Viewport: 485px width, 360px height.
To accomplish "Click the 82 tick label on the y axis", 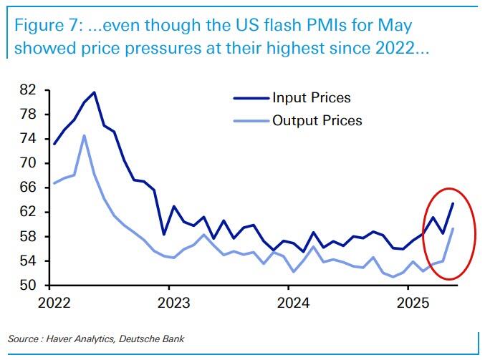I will pos(28,90).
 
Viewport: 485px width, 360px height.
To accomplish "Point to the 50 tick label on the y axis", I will pos(28,286).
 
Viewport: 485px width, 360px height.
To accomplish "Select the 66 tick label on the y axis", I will pos(28,188).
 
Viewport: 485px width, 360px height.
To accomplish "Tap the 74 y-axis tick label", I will pos(28,139).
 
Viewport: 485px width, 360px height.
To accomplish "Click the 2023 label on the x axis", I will pos(169,301).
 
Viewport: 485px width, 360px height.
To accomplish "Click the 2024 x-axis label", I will pos(288,301).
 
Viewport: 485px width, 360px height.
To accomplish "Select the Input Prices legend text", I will pos(311,97).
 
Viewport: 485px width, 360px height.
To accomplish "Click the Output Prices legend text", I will pos(317,120).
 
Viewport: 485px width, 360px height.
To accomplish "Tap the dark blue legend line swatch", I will pos(250,98).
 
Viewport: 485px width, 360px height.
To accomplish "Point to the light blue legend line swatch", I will pos(250,120).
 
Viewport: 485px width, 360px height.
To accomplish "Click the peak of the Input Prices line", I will pos(95,92).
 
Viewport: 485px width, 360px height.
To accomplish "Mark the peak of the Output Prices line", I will pos(85,135).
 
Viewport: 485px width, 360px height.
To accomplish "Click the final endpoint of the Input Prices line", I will pos(453,204).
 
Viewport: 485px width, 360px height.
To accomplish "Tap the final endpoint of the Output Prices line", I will pos(453,229).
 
